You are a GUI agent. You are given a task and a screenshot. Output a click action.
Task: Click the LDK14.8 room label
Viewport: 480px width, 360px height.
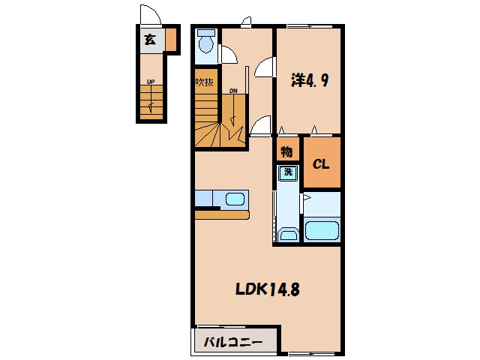267,289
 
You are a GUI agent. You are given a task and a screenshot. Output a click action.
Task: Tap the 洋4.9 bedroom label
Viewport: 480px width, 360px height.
310,80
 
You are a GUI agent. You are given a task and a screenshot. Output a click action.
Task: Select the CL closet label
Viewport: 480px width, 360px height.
321,164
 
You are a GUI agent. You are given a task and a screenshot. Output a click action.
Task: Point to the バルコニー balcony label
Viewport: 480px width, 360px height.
233,342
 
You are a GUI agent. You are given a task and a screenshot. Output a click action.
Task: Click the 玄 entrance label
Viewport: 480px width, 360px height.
150,40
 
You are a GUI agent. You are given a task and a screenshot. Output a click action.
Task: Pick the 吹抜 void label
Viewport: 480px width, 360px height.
205,82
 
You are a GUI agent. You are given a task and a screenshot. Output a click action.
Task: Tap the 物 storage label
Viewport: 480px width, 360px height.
286,151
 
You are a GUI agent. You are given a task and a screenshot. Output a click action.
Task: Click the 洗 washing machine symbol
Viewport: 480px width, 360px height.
288,173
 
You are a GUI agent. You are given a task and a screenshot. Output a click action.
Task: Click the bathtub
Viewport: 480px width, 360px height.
322,230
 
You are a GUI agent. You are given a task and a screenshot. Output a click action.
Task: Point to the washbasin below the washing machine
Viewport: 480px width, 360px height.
288,235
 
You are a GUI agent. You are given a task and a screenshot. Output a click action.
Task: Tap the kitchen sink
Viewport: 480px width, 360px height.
235,199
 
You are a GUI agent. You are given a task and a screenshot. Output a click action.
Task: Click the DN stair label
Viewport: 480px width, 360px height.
233,91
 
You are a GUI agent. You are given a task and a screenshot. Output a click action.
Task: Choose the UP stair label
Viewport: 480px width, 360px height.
150,82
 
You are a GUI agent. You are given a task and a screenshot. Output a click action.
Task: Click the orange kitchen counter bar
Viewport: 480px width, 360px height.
222,214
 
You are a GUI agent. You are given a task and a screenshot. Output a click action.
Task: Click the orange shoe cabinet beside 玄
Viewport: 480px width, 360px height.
171,40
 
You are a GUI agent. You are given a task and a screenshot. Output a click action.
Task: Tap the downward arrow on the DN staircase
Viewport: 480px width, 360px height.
233,110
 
